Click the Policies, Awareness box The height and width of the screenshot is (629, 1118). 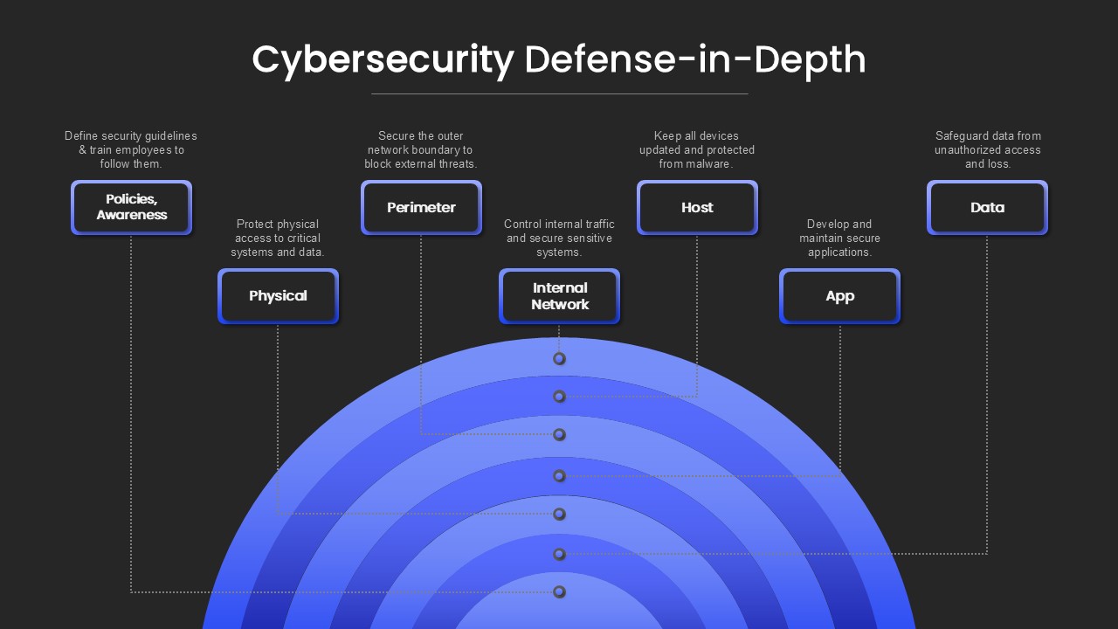click(x=131, y=207)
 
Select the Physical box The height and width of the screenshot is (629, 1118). click(x=278, y=296)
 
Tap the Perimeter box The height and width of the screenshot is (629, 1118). click(x=421, y=207)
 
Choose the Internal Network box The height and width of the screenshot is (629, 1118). click(x=560, y=296)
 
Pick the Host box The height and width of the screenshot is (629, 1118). click(x=697, y=207)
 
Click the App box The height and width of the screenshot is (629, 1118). click(x=840, y=296)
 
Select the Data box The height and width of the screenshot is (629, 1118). click(x=987, y=207)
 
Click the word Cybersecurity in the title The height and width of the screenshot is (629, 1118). click(x=383, y=61)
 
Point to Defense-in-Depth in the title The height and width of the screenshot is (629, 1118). click(x=694, y=60)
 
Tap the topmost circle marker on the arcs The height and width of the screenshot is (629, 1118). click(x=560, y=359)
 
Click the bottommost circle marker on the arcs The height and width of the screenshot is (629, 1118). click(x=560, y=592)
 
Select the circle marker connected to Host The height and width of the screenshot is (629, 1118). click(x=560, y=397)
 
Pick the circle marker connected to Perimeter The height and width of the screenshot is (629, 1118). click(x=560, y=435)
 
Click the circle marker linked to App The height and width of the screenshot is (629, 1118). click(x=560, y=476)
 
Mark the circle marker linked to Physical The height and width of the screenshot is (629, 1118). click(x=560, y=515)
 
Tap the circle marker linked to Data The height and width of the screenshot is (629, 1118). click(x=560, y=554)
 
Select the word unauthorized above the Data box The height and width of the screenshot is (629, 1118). click(x=965, y=149)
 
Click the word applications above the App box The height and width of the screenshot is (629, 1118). click(x=838, y=252)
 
